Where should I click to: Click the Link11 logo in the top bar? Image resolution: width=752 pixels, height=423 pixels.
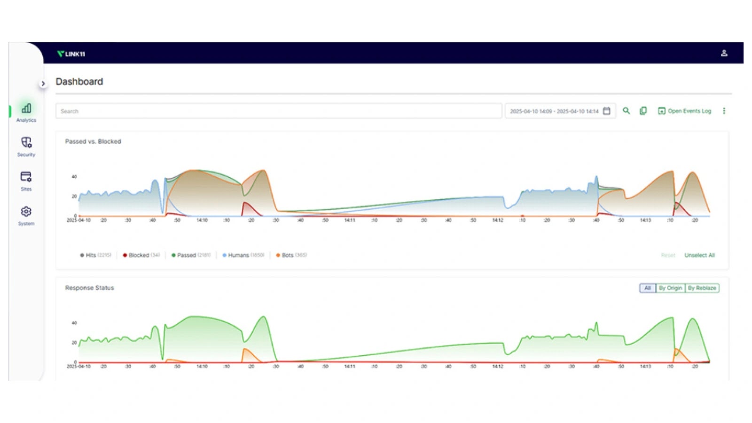(x=71, y=54)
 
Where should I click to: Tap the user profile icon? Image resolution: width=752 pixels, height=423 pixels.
(x=724, y=53)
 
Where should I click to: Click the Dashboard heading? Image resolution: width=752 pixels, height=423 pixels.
(x=79, y=82)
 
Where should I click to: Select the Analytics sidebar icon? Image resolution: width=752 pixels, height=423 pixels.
(x=26, y=109)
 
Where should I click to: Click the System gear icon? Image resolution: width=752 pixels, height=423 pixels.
(x=26, y=211)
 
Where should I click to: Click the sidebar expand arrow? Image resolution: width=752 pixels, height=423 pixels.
(x=43, y=84)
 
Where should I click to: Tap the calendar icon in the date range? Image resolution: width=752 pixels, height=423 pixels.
(x=606, y=111)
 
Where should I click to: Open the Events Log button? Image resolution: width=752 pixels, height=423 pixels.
(x=684, y=111)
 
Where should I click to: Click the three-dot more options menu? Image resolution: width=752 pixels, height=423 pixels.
(x=724, y=111)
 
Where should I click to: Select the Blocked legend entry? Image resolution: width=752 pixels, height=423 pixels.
(x=141, y=255)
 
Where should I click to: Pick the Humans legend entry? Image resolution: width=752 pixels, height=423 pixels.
(x=243, y=255)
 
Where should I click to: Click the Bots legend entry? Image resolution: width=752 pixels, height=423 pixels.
(x=291, y=255)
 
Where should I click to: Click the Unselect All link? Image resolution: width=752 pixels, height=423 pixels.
(x=699, y=255)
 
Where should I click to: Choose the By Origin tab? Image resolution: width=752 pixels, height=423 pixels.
(x=670, y=288)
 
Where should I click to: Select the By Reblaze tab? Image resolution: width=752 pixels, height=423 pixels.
(x=702, y=288)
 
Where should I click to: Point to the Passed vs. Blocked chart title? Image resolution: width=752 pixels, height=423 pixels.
(x=93, y=141)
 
